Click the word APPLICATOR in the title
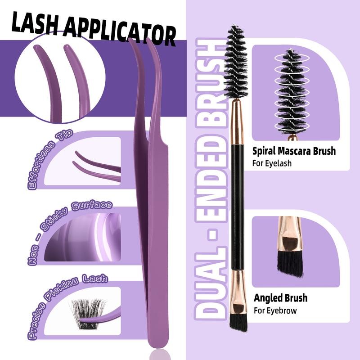pos(119,30)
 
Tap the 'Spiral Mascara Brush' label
pos(294,151)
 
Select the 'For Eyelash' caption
pos(272,163)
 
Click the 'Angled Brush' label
pos(280,298)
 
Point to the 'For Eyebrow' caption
pos(275,310)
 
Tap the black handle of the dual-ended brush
pos(237,202)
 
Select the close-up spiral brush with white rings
pos(292,90)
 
